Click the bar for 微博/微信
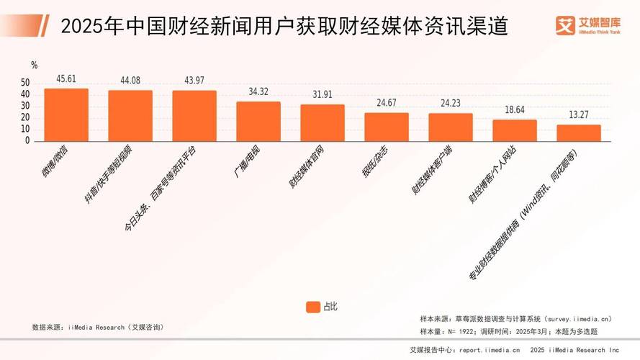[66, 114]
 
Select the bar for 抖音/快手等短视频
[130, 115]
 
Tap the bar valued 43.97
[194, 115]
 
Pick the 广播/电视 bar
[258, 121]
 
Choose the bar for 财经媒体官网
[323, 122]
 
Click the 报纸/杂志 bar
[387, 127]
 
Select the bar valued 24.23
[451, 127]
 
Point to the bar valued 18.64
[515, 130]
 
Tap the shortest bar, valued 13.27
[579, 133]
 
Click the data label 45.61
[66, 79]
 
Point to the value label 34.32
[258, 92]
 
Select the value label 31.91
[323, 95]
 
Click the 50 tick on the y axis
[26, 83]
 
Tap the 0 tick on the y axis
[28, 141]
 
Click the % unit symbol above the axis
[34, 66]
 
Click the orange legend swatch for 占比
[312, 307]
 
